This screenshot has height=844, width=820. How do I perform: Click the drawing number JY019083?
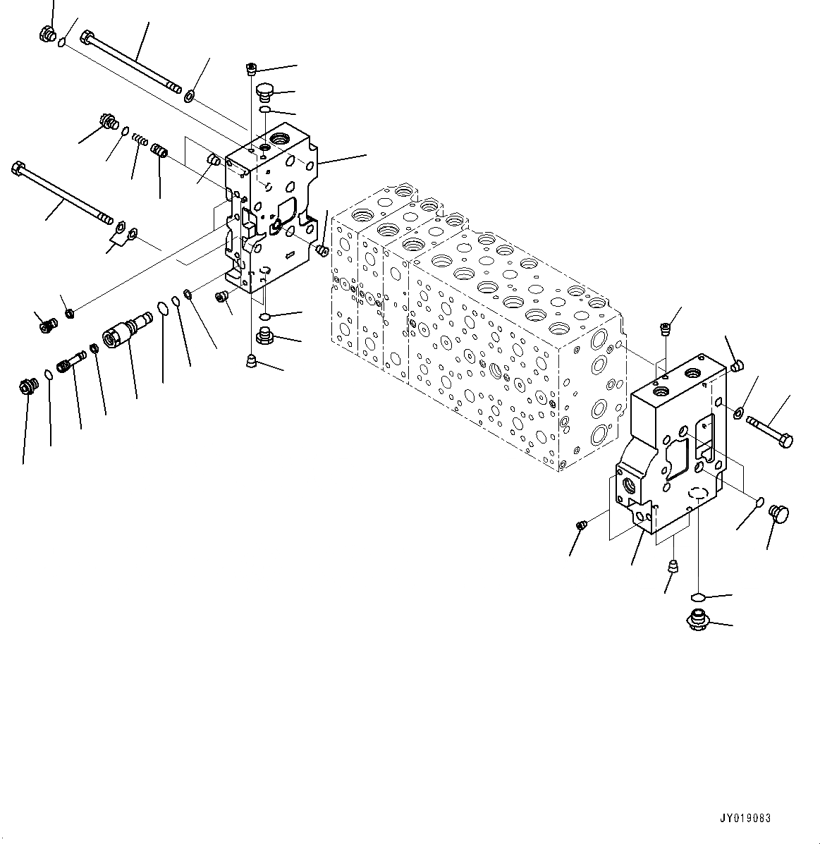click(x=745, y=819)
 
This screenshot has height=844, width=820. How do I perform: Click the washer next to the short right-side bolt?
click(x=738, y=412)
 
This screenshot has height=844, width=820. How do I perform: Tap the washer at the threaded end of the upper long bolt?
click(x=189, y=94)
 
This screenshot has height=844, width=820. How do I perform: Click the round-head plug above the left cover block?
click(x=265, y=92)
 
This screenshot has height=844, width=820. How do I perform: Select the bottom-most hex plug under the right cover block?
click(x=696, y=620)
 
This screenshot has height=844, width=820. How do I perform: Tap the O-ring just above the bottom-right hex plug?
click(x=697, y=597)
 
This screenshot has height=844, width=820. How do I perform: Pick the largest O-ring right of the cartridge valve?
click(x=163, y=309)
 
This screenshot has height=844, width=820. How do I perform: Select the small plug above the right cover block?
click(x=664, y=326)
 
